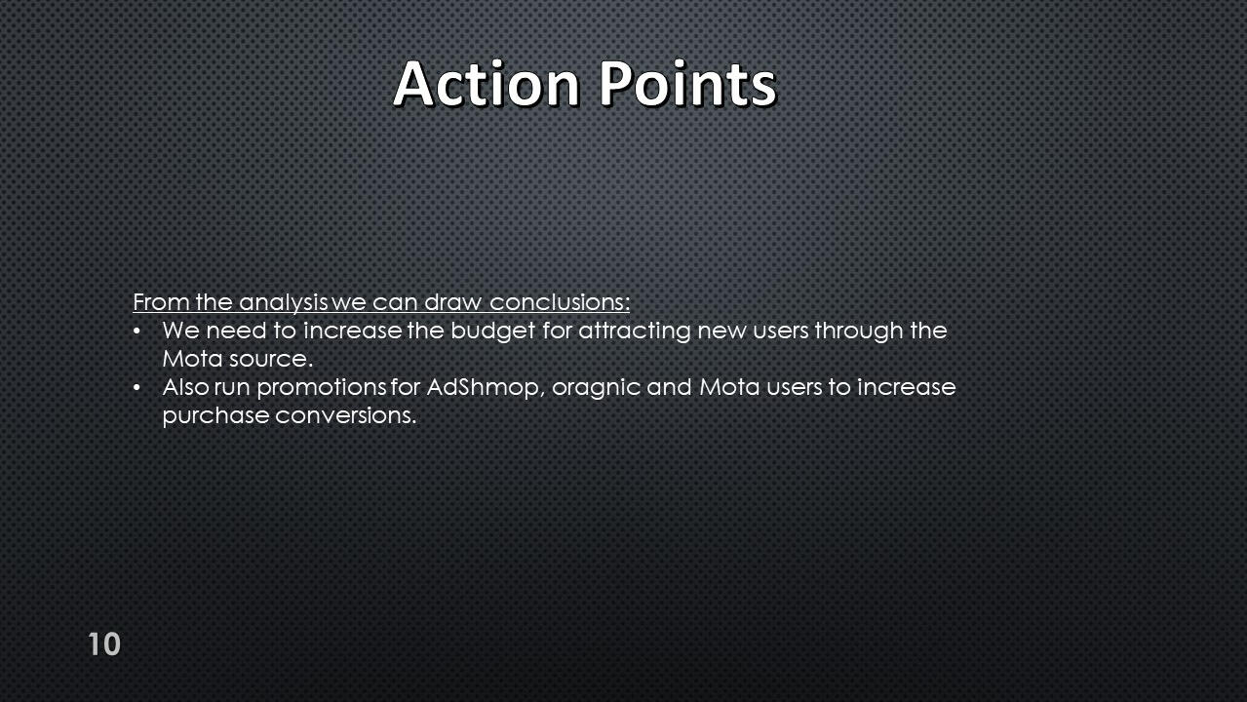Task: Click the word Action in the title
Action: [487, 84]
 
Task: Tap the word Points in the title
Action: [687, 84]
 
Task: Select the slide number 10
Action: [104, 644]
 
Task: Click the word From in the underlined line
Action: [161, 302]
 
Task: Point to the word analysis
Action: [283, 303]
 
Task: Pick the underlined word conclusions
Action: [560, 302]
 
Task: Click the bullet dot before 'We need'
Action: [136, 331]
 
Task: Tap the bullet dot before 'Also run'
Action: [136, 388]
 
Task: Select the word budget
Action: [492, 331]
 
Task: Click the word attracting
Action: [635, 331]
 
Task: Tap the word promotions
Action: [321, 388]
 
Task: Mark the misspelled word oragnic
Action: [596, 389]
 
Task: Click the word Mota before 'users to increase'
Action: [729, 387]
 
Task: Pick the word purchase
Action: [216, 416]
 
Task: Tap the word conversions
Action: [346, 416]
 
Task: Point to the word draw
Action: [452, 302]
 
